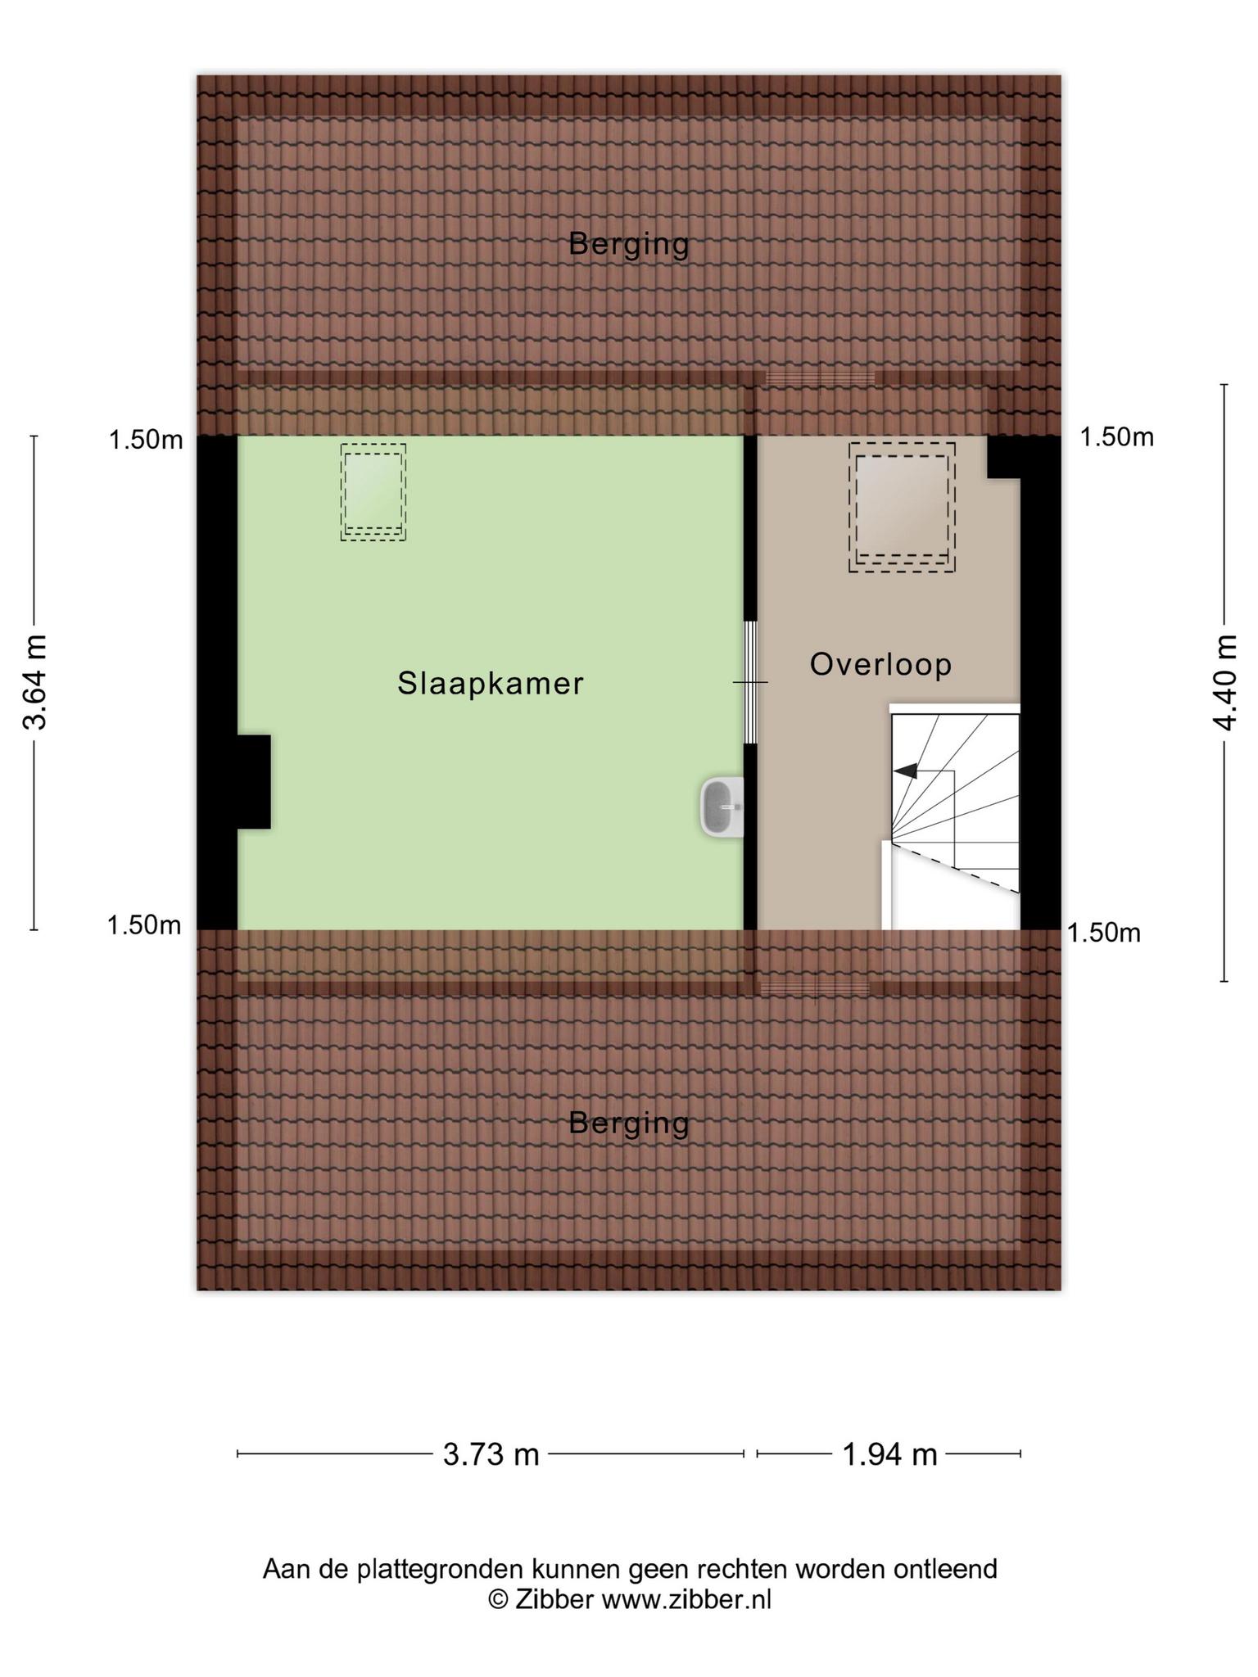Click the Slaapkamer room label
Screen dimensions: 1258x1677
click(491, 683)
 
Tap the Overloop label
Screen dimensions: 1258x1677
click(881, 664)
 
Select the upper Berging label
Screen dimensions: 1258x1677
click(629, 244)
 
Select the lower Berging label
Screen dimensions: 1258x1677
click(629, 1123)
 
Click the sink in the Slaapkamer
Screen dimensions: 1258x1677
click(722, 807)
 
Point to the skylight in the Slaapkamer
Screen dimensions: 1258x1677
click(373, 492)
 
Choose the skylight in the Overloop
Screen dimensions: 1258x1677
click(902, 507)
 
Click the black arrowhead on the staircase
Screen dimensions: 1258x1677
click(905, 771)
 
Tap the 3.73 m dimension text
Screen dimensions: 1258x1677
click(491, 1455)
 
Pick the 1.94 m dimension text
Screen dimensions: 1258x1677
click(890, 1455)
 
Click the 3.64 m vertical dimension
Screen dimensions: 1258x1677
click(35, 682)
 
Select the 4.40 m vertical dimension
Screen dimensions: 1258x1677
click(1225, 682)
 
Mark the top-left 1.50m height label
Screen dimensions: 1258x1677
click(146, 440)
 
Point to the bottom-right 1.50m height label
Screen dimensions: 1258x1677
click(1104, 933)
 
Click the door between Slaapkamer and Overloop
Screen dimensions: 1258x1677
click(750, 682)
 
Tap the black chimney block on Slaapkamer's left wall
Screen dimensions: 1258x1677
click(254, 782)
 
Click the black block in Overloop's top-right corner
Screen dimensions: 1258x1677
click(1004, 457)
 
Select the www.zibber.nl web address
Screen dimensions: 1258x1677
click(686, 1598)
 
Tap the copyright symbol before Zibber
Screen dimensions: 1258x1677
click(498, 1598)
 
